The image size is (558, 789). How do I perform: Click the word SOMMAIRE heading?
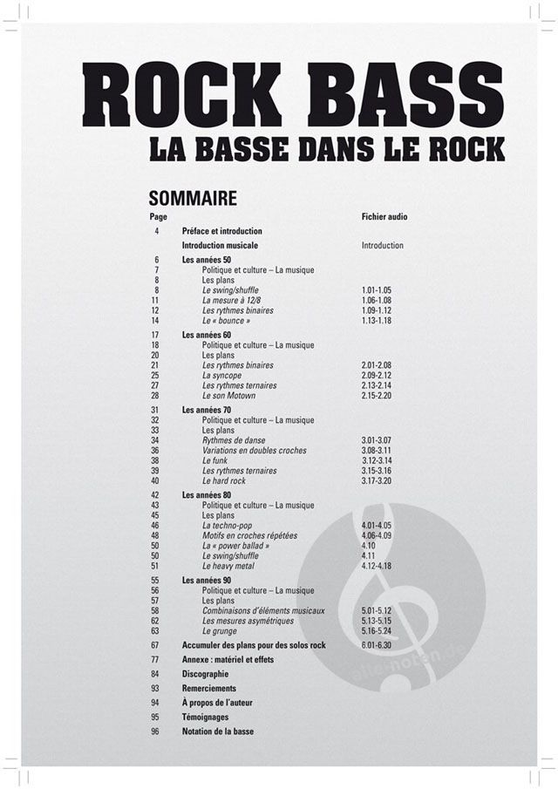pos(193,198)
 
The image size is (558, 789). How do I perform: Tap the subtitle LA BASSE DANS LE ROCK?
pos(326,149)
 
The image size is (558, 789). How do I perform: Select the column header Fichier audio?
pos(384,216)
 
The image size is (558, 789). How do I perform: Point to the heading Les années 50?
pos(207,260)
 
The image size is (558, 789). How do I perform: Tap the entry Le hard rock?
pos(224,480)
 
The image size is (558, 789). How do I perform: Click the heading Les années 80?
pos(207,495)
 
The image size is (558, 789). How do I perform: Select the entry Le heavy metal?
pos(228,566)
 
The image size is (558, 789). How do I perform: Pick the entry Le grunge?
pos(220,630)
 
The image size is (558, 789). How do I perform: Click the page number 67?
pos(155,645)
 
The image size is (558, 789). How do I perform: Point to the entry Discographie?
pos(205,674)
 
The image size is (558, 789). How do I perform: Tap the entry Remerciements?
pos(209,689)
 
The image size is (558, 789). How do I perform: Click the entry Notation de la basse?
pos(218,731)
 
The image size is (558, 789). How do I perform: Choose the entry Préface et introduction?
pos(222,231)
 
